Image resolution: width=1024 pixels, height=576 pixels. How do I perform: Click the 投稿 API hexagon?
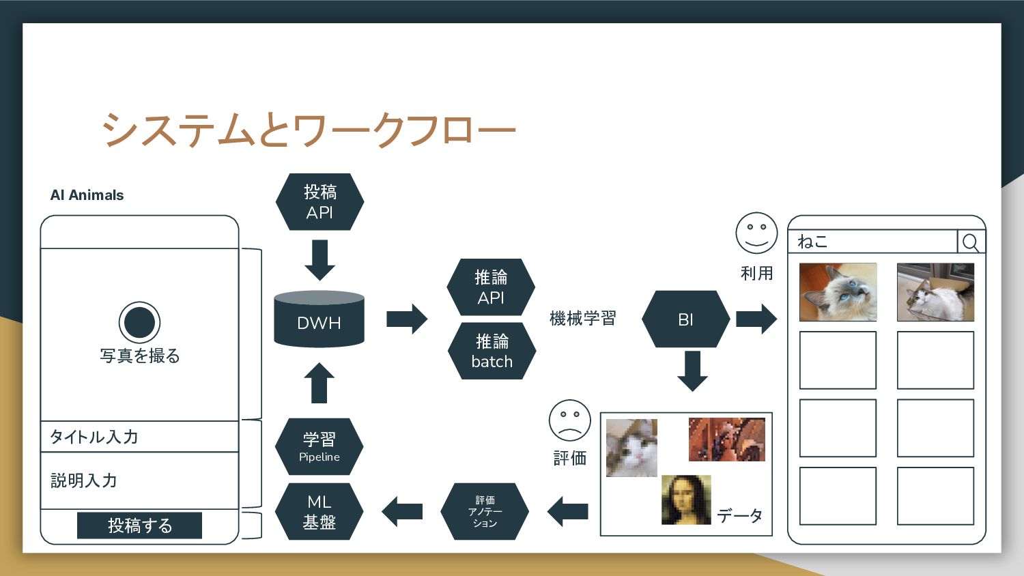[x=319, y=202]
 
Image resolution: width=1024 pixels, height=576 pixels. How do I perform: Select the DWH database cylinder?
[x=319, y=319]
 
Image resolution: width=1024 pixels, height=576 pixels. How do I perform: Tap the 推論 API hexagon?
[x=491, y=287]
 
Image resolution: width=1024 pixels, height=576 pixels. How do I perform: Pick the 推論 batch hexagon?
[x=492, y=351]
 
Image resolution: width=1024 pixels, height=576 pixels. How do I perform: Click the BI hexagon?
[x=685, y=319]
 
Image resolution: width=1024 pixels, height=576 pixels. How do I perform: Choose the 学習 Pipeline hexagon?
[x=319, y=446]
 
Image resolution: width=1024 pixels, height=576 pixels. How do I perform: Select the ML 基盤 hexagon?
[x=319, y=512]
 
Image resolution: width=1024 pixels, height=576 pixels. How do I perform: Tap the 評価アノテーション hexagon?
[x=485, y=511]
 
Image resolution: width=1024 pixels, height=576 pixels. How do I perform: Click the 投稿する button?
[x=139, y=525]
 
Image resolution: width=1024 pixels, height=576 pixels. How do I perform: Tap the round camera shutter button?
[x=139, y=322]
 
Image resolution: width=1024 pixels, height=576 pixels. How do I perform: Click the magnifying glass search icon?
[x=970, y=242]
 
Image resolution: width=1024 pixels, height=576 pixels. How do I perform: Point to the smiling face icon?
[x=756, y=233]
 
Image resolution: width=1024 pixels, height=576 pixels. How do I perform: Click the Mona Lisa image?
[x=686, y=500]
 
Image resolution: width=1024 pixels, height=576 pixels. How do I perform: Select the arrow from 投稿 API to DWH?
[x=319, y=259]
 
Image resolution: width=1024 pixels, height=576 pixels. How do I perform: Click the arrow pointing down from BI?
[x=692, y=371]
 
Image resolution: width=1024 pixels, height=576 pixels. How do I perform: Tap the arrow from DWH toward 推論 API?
[x=407, y=319]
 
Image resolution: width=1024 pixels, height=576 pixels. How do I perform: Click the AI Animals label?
[x=87, y=195]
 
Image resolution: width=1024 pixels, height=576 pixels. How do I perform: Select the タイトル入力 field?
[x=139, y=437]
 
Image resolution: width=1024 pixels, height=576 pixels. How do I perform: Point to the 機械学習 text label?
[x=582, y=319]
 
